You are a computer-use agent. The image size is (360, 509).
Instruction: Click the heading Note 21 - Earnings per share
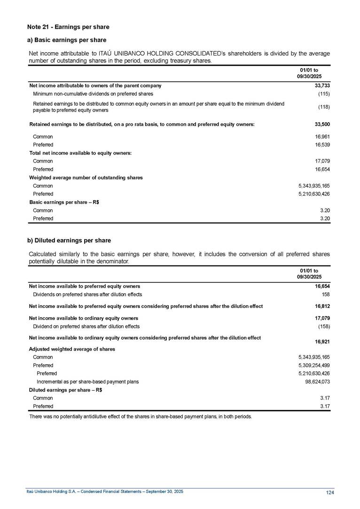tap(68, 27)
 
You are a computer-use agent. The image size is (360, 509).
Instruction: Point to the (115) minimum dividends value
tap(323, 94)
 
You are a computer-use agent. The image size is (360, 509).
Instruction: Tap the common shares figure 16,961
tap(322, 136)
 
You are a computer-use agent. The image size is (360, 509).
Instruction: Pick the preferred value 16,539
tap(322, 145)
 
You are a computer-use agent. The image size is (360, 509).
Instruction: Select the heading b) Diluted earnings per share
tap(69, 241)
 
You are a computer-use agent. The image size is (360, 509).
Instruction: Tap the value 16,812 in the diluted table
tap(322, 306)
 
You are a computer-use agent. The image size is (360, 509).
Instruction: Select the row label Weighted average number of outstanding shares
tap(86, 178)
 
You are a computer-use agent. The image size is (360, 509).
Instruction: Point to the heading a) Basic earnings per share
tap(67, 40)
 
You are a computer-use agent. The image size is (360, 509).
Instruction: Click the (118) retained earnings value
tap(323, 107)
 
